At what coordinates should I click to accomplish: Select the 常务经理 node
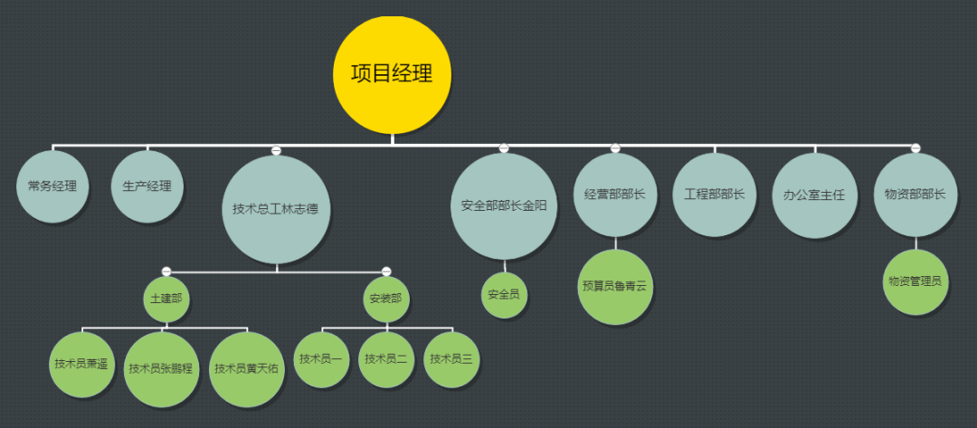point(52,187)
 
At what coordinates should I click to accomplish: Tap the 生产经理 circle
point(147,187)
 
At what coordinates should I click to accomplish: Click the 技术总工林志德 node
point(276,209)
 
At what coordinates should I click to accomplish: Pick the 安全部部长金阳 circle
point(503,205)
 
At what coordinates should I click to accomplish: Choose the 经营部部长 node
point(615,194)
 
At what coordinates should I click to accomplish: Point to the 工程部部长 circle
point(715,195)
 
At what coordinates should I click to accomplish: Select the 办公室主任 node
point(814,195)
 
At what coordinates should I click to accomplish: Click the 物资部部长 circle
point(915,195)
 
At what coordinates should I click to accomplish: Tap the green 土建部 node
point(166,298)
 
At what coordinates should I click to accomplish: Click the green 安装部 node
point(386,298)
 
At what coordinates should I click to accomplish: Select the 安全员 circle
point(504,295)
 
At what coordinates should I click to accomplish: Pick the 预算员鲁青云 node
point(615,287)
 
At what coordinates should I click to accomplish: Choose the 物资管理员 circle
point(915,281)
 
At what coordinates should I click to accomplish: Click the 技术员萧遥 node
point(82,364)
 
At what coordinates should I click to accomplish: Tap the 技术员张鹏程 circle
point(161,368)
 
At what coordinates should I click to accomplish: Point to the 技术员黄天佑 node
point(246,368)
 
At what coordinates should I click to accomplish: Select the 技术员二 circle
point(386,359)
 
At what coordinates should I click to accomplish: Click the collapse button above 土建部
point(166,271)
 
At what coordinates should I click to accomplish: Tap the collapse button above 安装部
point(386,271)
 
